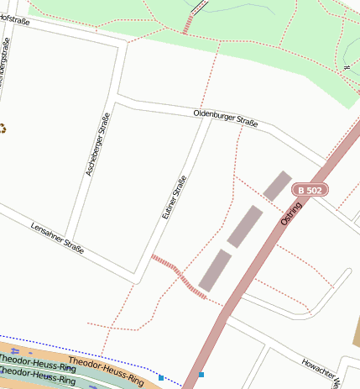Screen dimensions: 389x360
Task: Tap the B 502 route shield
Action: click(x=310, y=191)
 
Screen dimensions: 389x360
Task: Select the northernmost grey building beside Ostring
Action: click(x=277, y=186)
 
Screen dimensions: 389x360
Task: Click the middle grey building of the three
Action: click(x=245, y=225)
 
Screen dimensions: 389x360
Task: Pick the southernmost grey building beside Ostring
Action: click(x=215, y=270)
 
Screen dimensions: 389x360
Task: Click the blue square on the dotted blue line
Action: click(x=161, y=378)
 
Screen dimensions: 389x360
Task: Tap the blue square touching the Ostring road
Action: click(x=201, y=375)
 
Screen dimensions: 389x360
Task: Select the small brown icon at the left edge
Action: click(x=3, y=129)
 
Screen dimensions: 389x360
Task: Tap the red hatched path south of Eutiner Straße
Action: click(x=178, y=274)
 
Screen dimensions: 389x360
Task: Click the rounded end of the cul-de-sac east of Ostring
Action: click(x=346, y=272)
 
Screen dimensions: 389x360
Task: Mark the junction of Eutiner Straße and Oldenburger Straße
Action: click(x=207, y=118)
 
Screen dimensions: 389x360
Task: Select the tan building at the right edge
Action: click(x=356, y=333)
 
